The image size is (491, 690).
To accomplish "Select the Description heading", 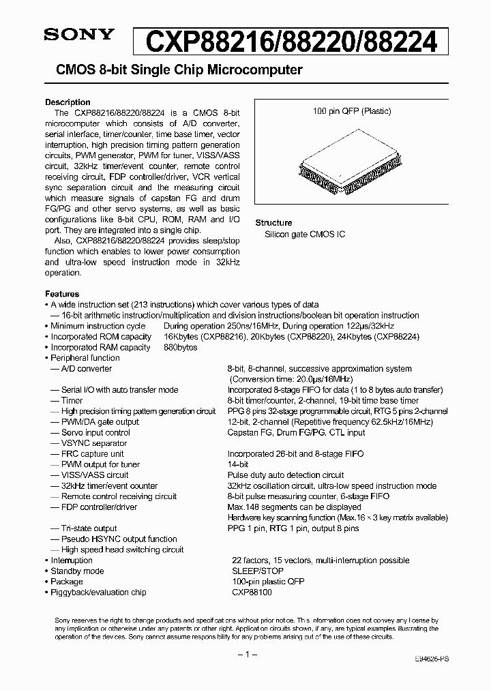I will click(x=68, y=102).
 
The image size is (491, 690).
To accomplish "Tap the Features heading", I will click(x=62, y=294).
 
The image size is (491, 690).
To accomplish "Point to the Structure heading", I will click(x=273, y=223).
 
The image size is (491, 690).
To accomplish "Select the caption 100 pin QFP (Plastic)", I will click(x=351, y=111).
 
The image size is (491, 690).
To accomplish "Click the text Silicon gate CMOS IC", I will click(x=305, y=234).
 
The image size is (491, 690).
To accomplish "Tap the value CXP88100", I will click(x=250, y=592).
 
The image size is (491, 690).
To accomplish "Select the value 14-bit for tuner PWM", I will click(x=238, y=464).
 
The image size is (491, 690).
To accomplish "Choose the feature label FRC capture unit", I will click(x=93, y=454).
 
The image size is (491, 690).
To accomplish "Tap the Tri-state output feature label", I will click(x=89, y=528).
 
